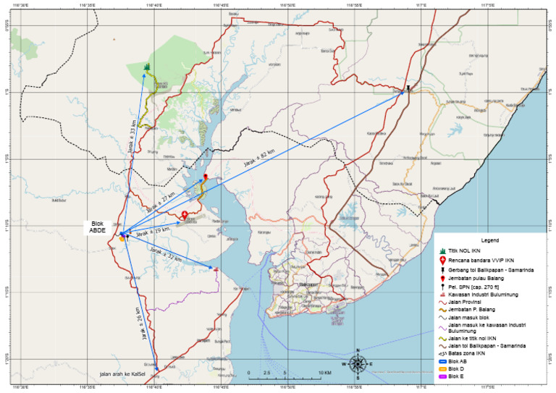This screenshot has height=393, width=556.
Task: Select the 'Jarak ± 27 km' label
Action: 161,203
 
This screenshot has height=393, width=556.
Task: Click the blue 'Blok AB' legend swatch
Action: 441,363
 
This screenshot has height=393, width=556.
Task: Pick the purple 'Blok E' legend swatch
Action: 441,376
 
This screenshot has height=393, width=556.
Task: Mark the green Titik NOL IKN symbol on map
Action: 147,67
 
